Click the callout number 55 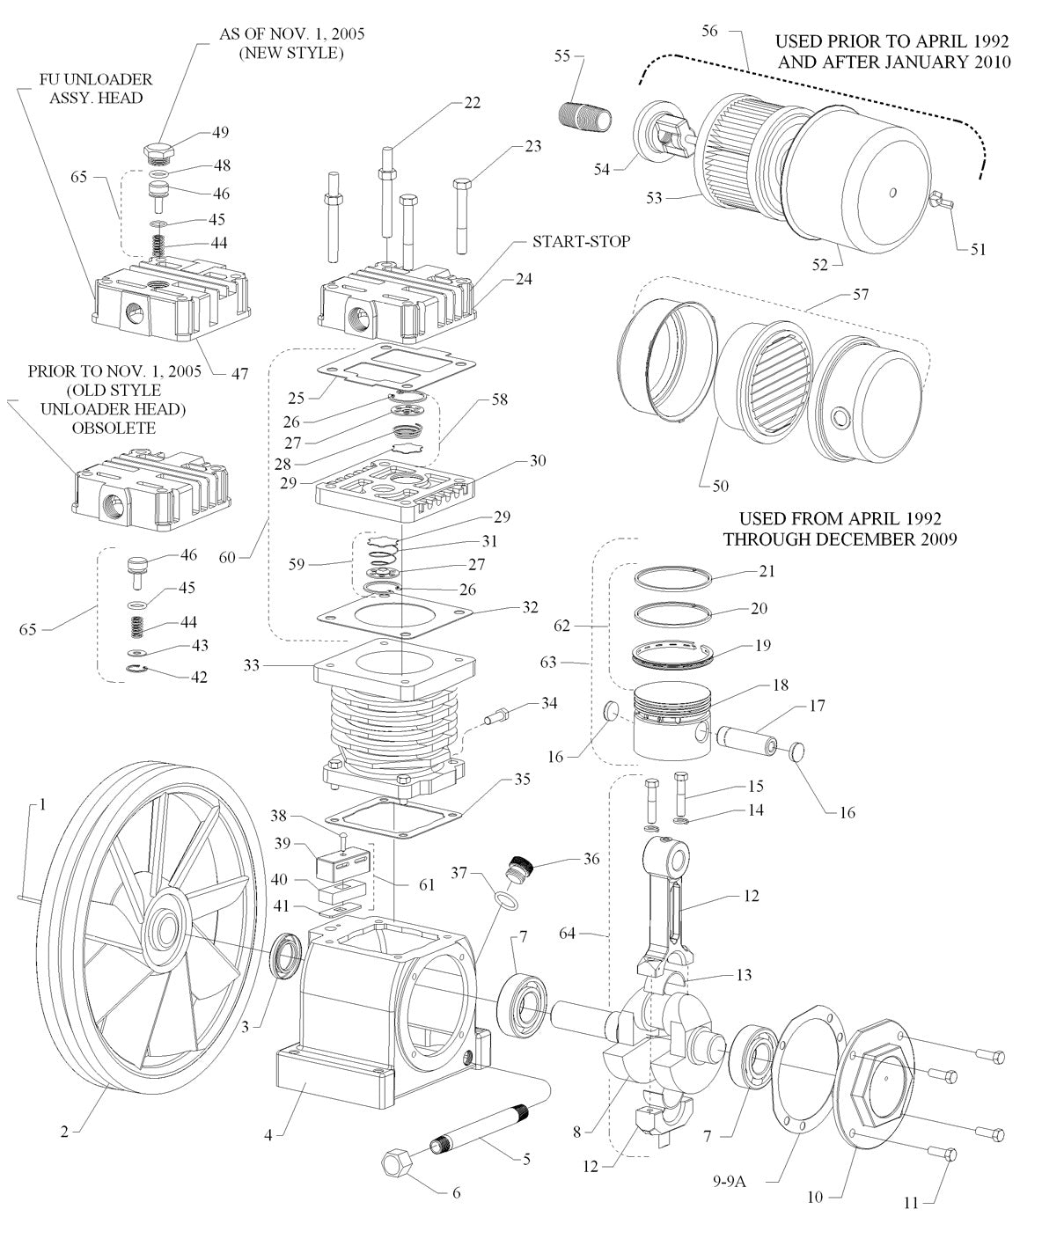(562, 56)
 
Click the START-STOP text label (581, 241)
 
